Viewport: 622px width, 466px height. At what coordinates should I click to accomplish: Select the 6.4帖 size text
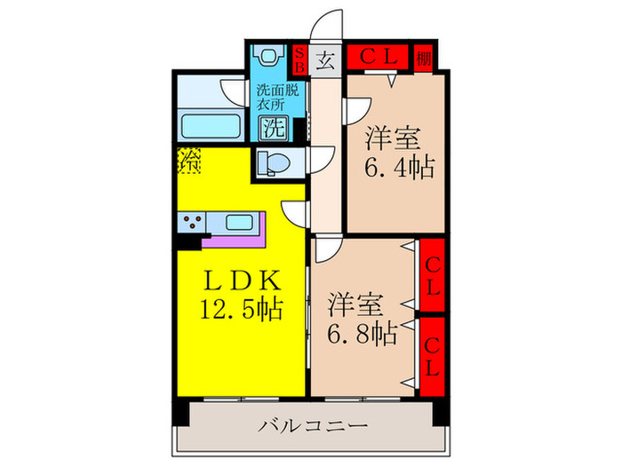(397, 166)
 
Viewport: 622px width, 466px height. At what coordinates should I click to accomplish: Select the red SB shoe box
(300, 61)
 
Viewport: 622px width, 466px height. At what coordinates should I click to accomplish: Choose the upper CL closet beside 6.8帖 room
(432, 277)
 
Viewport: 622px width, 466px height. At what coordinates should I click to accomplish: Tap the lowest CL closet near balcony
(432, 353)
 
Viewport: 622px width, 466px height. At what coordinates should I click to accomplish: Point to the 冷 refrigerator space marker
(189, 161)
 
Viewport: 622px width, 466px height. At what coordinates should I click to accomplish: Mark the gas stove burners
(192, 221)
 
